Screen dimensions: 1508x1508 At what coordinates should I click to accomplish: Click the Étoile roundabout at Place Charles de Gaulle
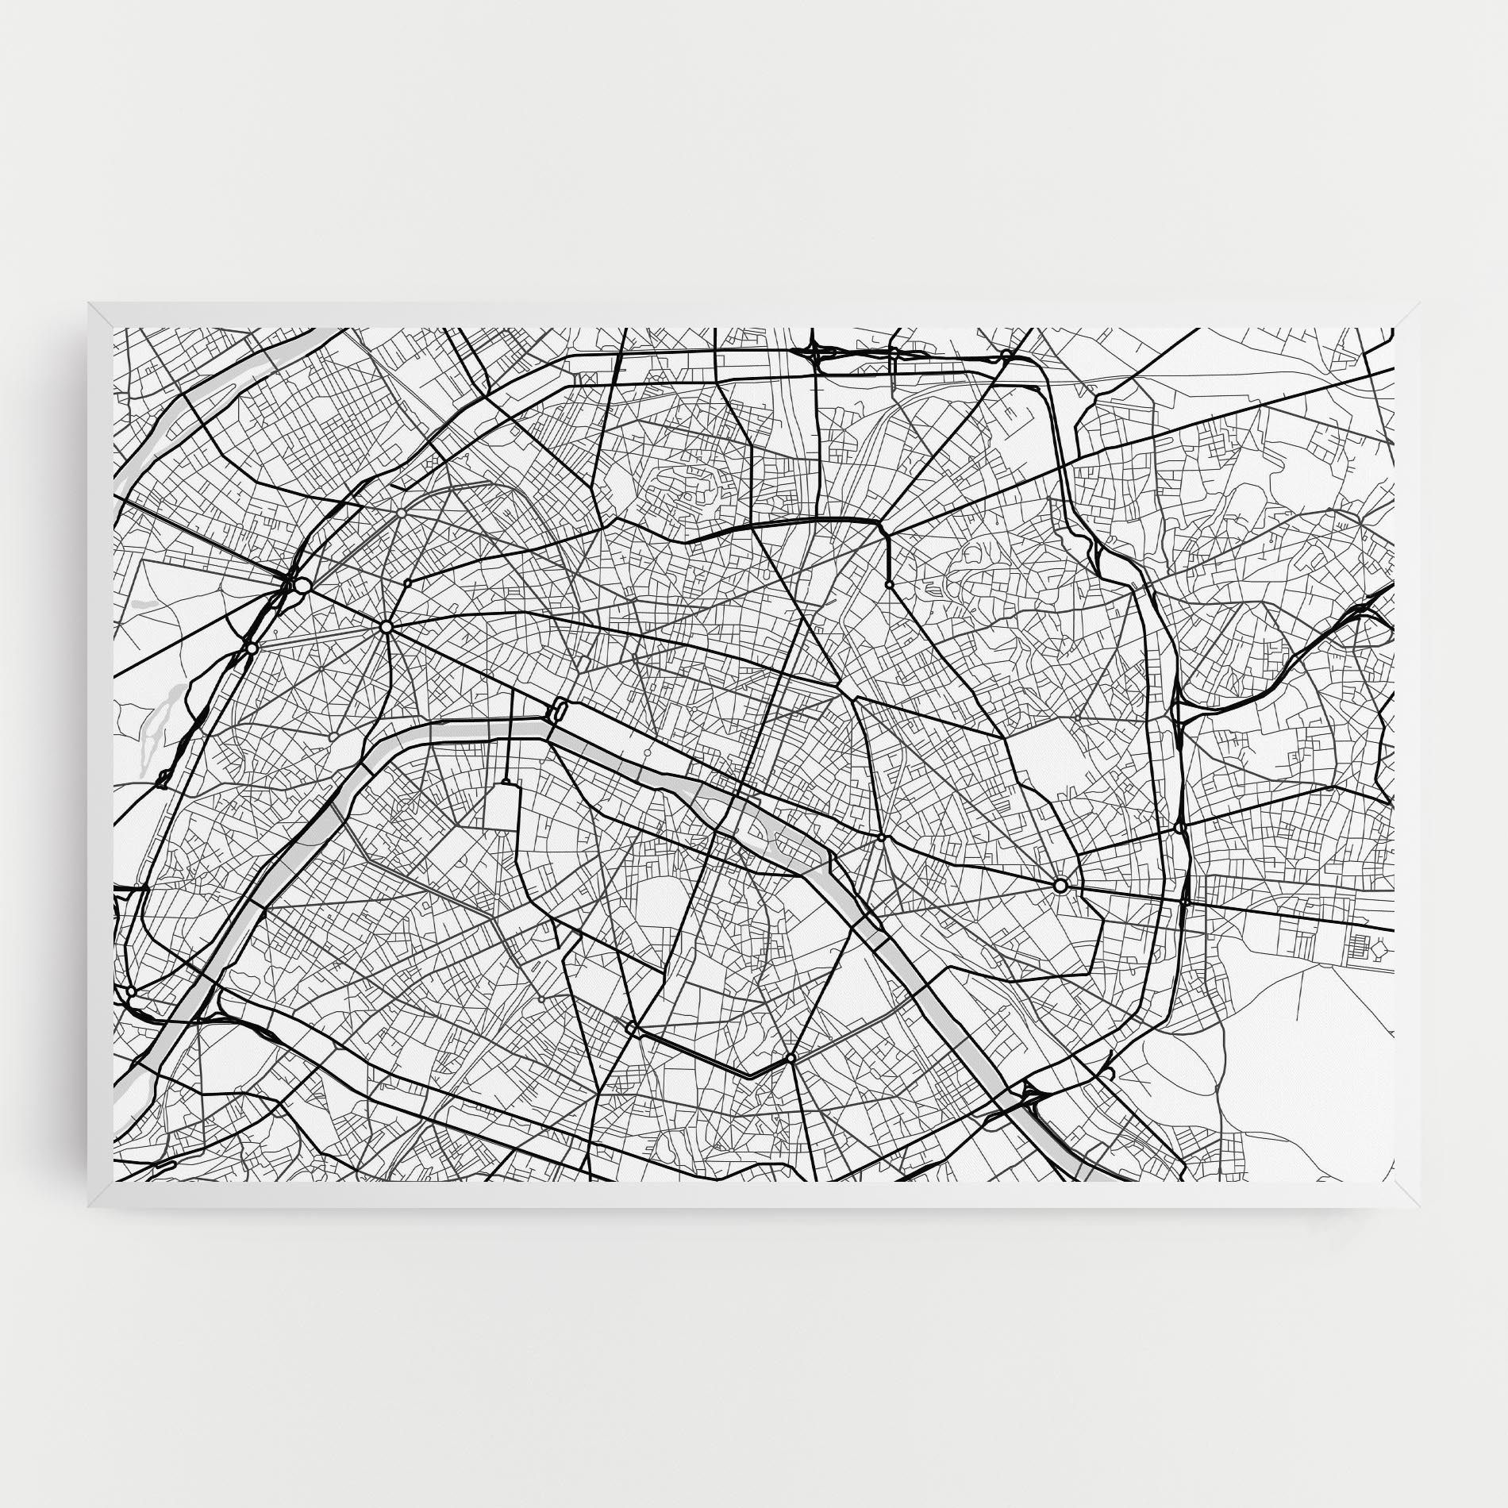coord(387,627)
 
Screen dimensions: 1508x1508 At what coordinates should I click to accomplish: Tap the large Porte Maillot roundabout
coord(302,586)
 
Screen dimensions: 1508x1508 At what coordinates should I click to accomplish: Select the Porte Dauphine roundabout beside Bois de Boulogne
coord(252,648)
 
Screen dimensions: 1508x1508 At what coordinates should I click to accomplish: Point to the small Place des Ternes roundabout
coord(407,583)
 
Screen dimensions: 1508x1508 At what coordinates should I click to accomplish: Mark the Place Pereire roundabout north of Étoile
coord(402,514)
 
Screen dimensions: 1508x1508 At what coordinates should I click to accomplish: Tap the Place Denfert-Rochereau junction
coord(631,1029)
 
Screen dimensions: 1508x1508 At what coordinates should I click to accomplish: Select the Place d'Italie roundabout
coord(791,1059)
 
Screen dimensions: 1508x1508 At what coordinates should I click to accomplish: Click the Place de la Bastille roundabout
coord(882,837)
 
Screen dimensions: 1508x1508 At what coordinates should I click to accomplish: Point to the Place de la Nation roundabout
coord(1060,885)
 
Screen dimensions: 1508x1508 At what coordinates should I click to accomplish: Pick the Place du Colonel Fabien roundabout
coord(889,584)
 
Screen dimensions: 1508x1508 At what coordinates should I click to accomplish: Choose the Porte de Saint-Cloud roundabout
coord(131,991)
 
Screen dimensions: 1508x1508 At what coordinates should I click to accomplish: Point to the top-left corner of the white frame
coord(89,303)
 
